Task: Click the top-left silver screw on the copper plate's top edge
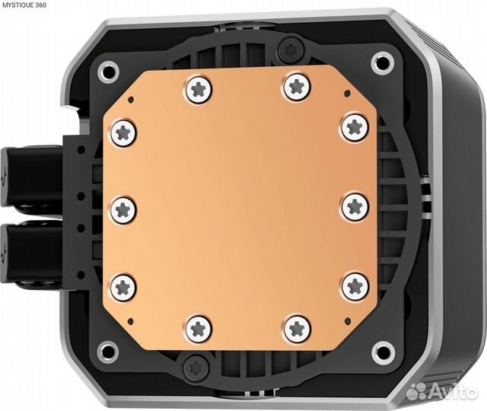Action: tap(198, 89)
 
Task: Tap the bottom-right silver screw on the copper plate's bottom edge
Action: tap(297, 328)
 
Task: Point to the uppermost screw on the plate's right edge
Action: tap(355, 126)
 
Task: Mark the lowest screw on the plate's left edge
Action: tap(123, 286)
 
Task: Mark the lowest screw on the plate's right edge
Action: tap(355, 286)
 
